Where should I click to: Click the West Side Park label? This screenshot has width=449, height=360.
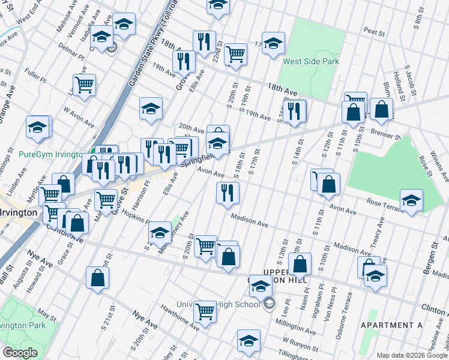click(311, 61)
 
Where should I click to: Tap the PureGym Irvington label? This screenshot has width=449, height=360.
click(50, 154)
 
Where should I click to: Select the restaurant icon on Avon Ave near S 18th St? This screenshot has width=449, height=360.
click(228, 193)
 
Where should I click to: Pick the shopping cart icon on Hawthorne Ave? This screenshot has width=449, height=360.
click(205, 311)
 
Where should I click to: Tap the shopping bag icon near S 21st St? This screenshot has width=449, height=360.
click(97, 278)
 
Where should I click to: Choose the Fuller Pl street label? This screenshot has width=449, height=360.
click(35, 78)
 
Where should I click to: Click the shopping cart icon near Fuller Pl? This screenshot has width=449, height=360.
click(84, 85)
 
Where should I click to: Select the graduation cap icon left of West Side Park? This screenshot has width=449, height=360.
click(273, 43)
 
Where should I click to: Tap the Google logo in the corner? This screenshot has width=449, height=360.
click(20, 353)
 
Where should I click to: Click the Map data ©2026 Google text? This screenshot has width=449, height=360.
click(411, 355)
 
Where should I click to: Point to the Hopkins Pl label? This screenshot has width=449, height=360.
click(136, 217)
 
